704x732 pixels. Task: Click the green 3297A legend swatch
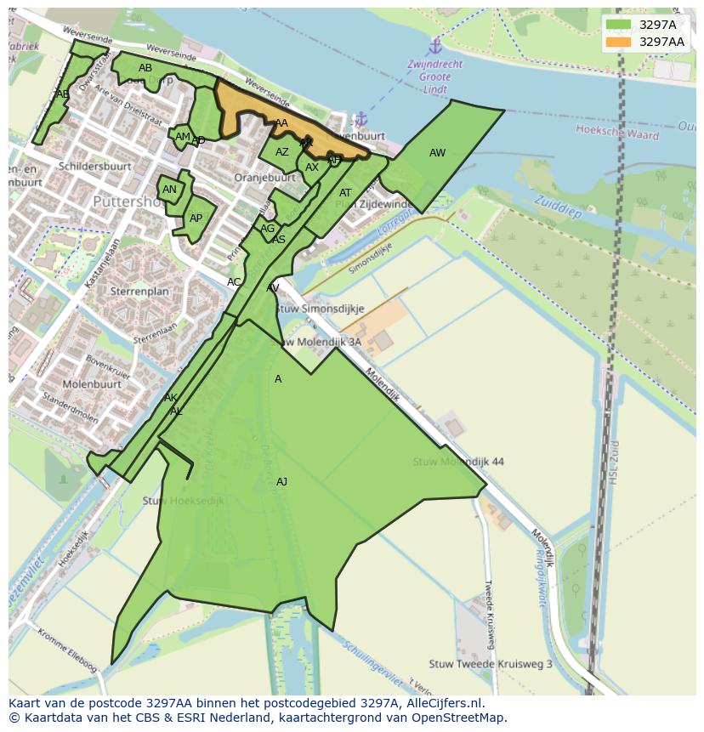tap(618, 25)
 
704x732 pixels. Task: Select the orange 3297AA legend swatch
tap(618, 42)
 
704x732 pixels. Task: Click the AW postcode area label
tap(437, 153)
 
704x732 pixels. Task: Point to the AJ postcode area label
tap(281, 482)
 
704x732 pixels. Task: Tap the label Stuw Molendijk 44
tap(458, 462)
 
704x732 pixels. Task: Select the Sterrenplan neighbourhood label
tap(139, 291)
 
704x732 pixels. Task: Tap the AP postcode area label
tap(196, 218)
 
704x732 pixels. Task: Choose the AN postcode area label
tap(169, 190)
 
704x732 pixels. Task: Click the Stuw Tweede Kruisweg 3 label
tap(491, 663)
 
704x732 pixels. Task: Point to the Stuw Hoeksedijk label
tap(183, 501)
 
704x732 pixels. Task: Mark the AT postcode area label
tap(345, 193)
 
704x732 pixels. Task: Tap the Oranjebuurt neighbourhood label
tap(264, 178)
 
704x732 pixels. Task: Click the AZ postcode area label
tap(282, 152)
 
